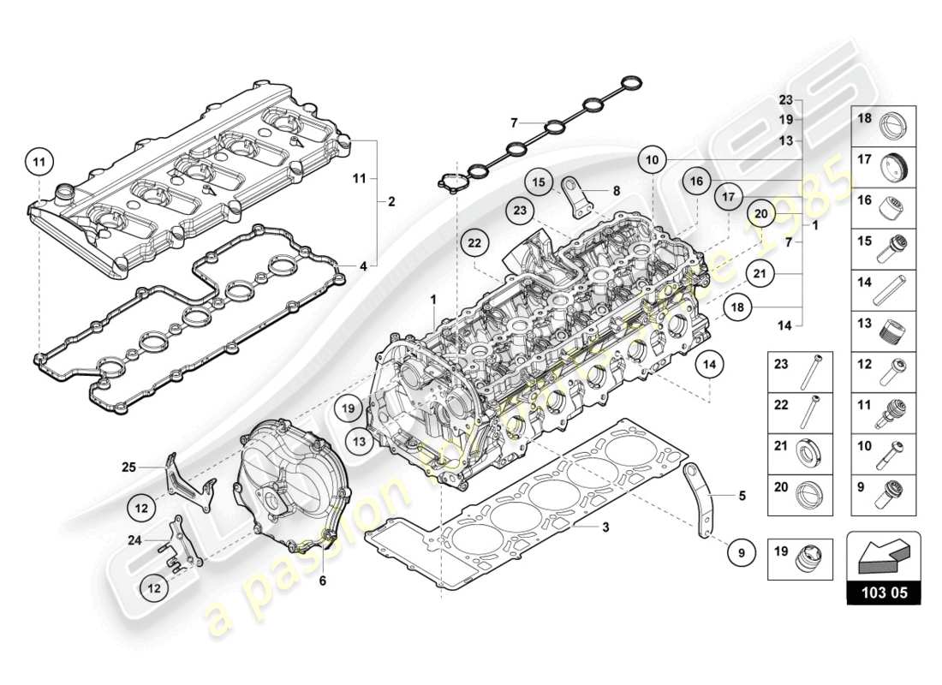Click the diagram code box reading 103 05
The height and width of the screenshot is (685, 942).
883,592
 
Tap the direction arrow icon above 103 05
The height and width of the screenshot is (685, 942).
883,554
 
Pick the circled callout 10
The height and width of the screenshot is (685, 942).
652,159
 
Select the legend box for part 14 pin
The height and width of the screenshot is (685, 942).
883,290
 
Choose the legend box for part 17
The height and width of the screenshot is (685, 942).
883,164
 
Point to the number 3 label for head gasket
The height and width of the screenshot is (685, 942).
605,527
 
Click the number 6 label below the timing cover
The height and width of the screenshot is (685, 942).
323,581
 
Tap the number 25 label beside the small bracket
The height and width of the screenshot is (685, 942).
128,467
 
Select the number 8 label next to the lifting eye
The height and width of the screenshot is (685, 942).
616,191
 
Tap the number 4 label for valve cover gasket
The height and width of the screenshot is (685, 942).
363,266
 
